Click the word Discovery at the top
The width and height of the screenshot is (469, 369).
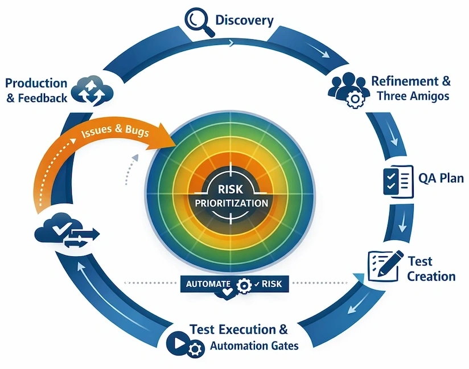coord(244,20)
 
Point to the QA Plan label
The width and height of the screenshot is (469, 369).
coord(441,178)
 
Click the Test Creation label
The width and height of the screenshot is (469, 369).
coord(431,269)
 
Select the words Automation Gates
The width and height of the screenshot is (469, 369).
coord(254,346)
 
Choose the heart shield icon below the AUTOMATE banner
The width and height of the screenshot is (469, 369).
coord(227,294)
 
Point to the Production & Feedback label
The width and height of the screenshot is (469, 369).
coord(36,90)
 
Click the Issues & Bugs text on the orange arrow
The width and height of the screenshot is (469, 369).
coord(116,132)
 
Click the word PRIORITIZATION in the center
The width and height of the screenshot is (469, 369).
coord(231,203)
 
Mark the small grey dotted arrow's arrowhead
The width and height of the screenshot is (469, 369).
coord(135,157)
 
